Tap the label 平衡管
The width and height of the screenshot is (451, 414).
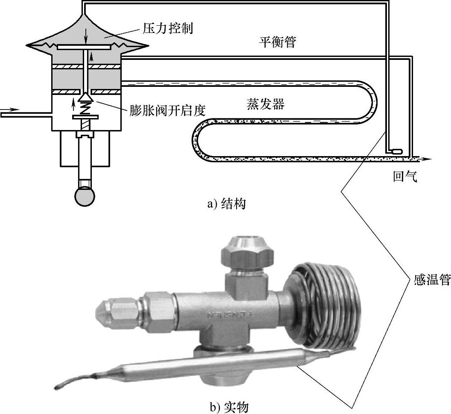click(277, 42)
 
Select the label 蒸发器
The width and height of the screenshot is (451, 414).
click(265, 103)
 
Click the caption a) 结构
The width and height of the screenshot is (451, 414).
click(226, 204)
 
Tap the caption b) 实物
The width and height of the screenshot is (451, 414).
click(229, 407)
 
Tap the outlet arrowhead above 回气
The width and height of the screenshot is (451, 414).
click(427, 159)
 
